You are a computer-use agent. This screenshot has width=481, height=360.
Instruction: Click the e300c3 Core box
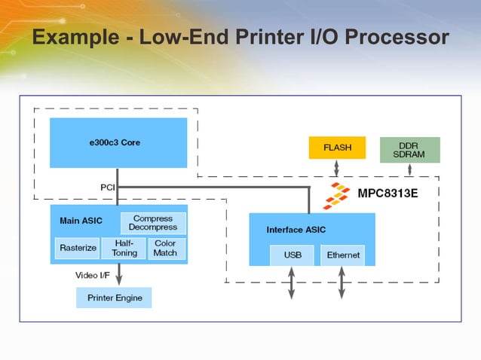[118, 142]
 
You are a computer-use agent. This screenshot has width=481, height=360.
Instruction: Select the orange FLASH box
[337, 148]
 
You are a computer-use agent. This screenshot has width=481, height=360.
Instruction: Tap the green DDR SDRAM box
[409, 149]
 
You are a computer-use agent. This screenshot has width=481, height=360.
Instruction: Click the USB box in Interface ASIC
[293, 255]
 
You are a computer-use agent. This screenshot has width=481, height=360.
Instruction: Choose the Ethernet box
[342, 255]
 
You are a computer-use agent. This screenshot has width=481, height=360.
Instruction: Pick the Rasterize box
[77, 249]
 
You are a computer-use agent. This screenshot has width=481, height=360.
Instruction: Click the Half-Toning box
[124, 249]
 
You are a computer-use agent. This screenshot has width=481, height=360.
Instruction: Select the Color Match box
[165, 249]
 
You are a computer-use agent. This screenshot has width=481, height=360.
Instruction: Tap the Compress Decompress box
[153, 223]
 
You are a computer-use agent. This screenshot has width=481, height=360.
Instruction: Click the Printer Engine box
[114, 297]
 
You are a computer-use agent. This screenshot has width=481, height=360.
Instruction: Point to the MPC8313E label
[388, 194]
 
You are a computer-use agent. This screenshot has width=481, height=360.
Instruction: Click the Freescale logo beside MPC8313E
[337, 195]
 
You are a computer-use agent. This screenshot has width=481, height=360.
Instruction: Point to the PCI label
[108, 187]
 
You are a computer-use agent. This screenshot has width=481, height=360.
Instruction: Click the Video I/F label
[92, 275]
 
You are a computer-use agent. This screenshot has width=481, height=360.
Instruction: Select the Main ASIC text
[81, 221]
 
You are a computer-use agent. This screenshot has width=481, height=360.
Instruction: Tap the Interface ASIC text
[296, 230]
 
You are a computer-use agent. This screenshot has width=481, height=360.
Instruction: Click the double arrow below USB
[292, 282]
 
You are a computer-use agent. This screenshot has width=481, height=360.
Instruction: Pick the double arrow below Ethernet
[342, 282]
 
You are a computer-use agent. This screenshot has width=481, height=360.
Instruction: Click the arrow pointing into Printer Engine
[118, 276]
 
